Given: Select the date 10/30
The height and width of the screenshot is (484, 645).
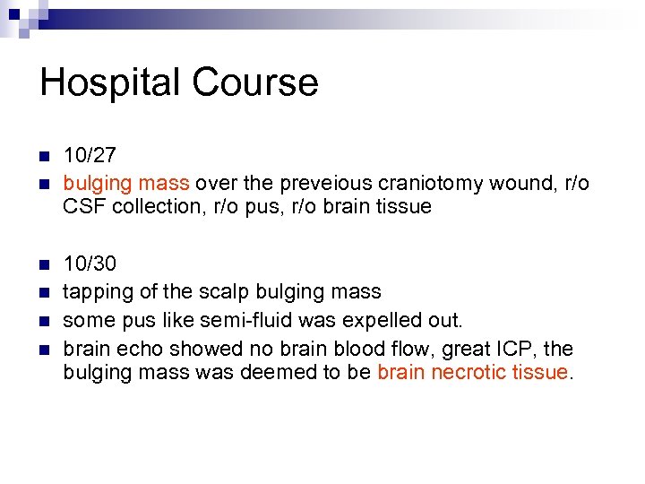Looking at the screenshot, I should [89, 264].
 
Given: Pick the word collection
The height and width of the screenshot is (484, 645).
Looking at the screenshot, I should [150, 207].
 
